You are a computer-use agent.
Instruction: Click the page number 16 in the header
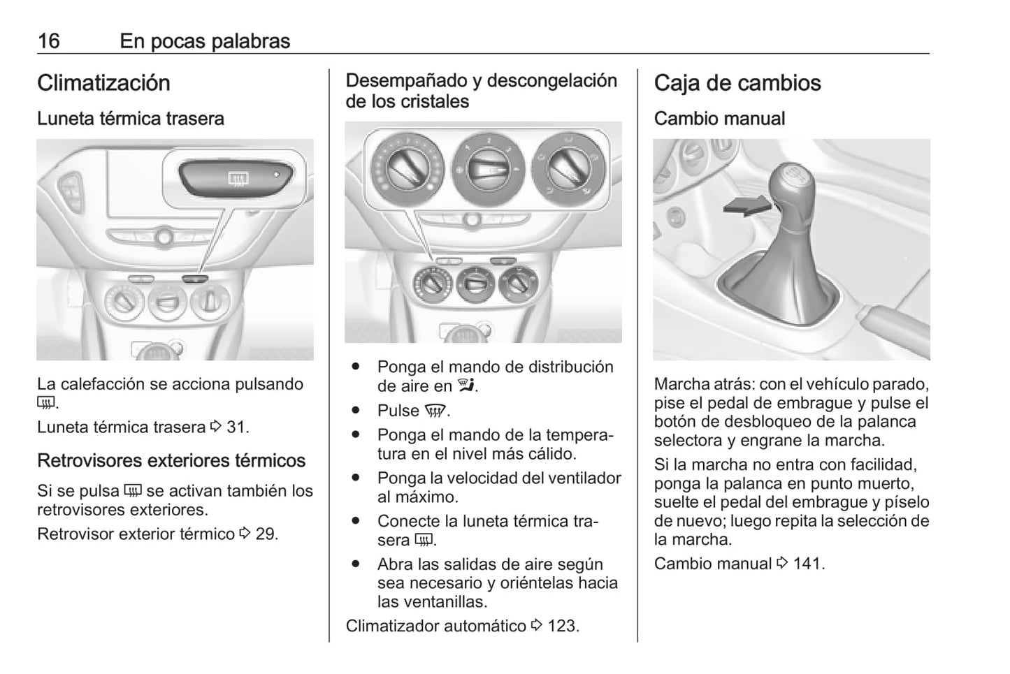point(48,41)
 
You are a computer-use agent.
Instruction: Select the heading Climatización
point(103,83)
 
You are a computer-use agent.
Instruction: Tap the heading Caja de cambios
point(737,83)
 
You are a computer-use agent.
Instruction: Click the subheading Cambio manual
point(719,119)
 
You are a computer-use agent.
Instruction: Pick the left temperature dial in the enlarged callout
point(406,168)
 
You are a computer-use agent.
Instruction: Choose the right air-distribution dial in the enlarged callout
point(568,168)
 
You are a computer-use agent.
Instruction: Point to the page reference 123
point(562,626)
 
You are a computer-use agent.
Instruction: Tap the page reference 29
point(266,534)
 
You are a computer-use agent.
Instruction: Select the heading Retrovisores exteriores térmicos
point(171,461)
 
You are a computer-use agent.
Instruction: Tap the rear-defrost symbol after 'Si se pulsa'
point(133,491)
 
